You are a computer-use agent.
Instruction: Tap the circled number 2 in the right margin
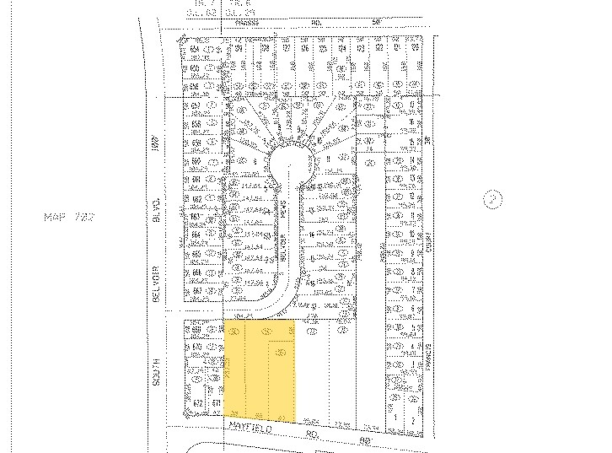(493, 200)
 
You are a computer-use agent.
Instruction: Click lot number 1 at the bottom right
(395, 417)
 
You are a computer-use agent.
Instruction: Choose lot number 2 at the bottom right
(414, 417)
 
